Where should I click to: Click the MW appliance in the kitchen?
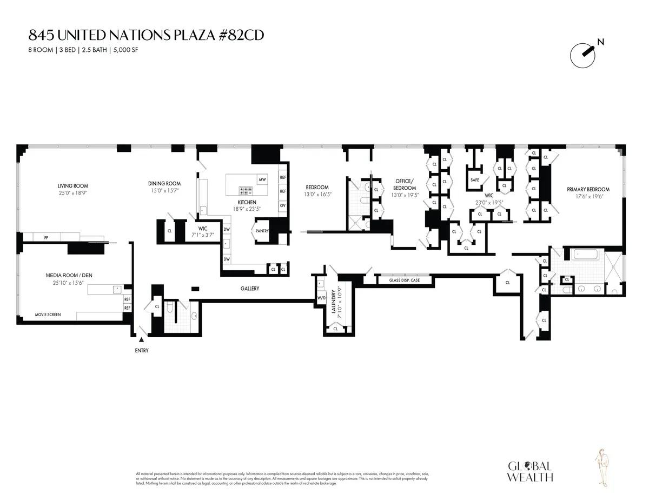(x=262, y=179)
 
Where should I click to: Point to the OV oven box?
(x=282, y=205)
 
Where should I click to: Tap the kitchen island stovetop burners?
(x=247, y=190)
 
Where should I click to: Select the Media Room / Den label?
(x=69, y=275)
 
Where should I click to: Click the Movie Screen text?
(x=48, y=314)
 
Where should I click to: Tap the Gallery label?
(x=250, y=289)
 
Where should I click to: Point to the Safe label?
(x=474, y=180)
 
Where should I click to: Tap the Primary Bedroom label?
(x=588, y=189)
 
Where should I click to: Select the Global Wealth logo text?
(x=529, y=471)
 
